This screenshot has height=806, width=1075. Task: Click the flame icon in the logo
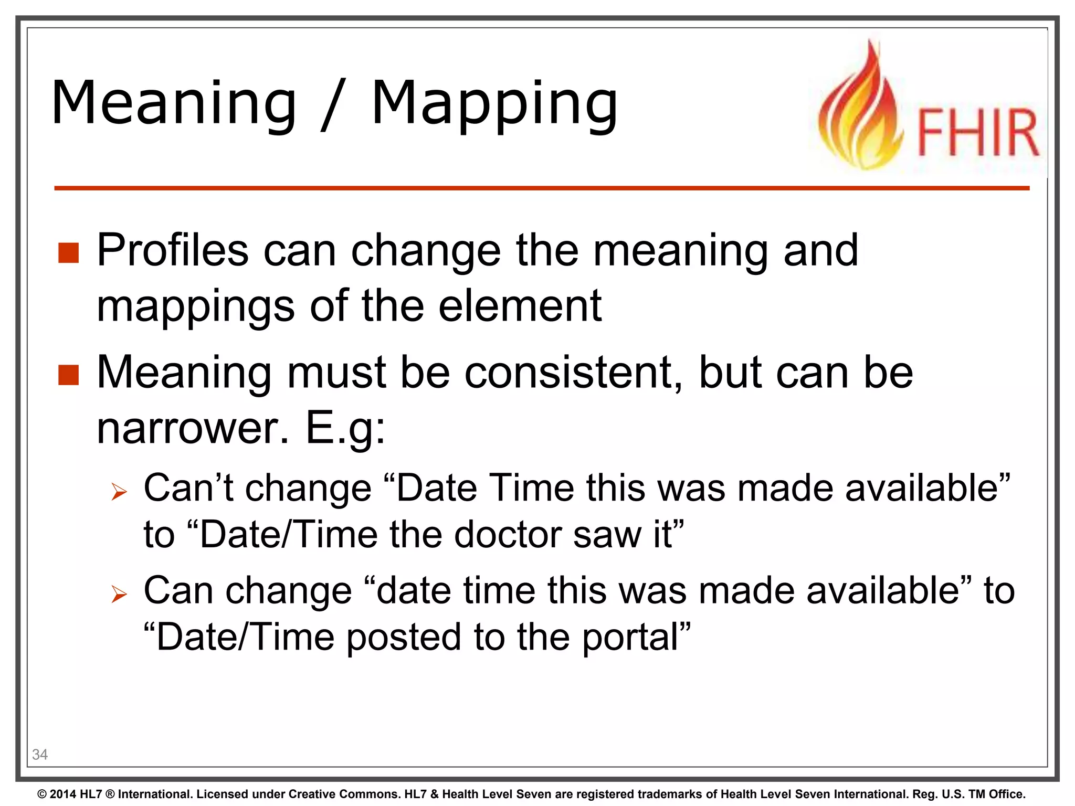point(861,110)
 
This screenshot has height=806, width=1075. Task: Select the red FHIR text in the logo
point(977,133)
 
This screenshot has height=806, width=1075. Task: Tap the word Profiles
point(172,250)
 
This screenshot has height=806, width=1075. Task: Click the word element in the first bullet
point(520,306)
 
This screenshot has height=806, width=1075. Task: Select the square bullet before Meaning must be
point(68,375)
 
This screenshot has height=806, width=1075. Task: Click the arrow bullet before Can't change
point(119,492)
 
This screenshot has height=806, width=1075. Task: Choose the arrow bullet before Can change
point(119,595)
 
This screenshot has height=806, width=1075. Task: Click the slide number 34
point(40,755)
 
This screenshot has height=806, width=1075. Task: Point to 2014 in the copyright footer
point(62,794)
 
